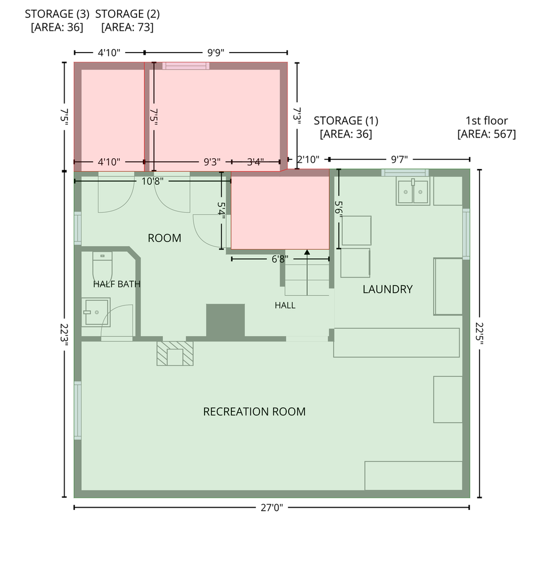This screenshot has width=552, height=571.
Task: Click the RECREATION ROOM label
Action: pyautogui.click(x=254, y=412)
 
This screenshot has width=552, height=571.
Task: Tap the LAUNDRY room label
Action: pyautogui.click(x=387, y=289)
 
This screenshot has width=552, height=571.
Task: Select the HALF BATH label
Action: pyautogui.click(x=117, y=284)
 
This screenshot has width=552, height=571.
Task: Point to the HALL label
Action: pyautogui.click(x=285, y=305)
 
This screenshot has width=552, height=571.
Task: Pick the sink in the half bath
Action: pyautogui.click(x=95, y=312)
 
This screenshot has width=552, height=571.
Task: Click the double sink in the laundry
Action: pyautogui.click(x=413, y=191)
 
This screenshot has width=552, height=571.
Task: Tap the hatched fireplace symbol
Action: pyautogui.click(x=175, y=353)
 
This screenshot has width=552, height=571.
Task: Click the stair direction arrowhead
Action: pyautogui.click(x=307, y=252)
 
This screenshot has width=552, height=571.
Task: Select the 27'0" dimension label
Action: pyautogui.click(x=272, y=508)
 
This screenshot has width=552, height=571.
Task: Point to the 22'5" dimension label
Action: pyautogui.click(x=479, y=333)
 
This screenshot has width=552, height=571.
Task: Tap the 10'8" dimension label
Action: pyautogui.click(x=153, y=181)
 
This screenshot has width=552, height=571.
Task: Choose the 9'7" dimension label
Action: pyautogui.click(x=399, y=159)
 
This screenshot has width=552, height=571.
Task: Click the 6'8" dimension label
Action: pyautogui.click(x=280, y=259)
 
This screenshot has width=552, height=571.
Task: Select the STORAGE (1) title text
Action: pyautogui.click(x=346, y=120)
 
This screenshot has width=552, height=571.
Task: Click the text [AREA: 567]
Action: pyautogui.click(x=487, y=134)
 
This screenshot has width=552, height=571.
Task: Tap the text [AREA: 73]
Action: pyautogui.click(x=127, y=27)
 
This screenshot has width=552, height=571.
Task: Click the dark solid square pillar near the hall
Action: pyautogui.click(x=226, y=320)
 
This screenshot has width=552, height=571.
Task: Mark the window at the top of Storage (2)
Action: pyautogui.click(x=186, y=66)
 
